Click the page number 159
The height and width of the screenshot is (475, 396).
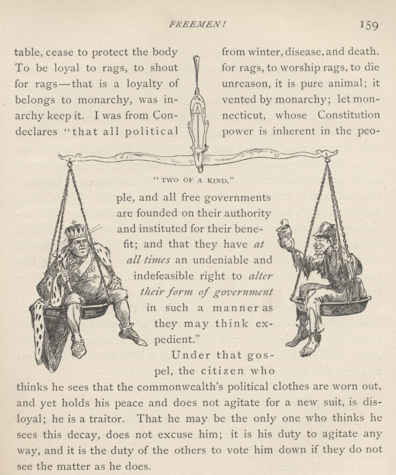pyautogui.click(x=369, y=25)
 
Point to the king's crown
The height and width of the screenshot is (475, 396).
pyautogui.click(x=75, y=232)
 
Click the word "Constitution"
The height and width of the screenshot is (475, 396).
pyautogui.click(x=349, y=115)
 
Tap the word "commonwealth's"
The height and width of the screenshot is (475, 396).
pyautogui.click(x=200, y=387)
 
